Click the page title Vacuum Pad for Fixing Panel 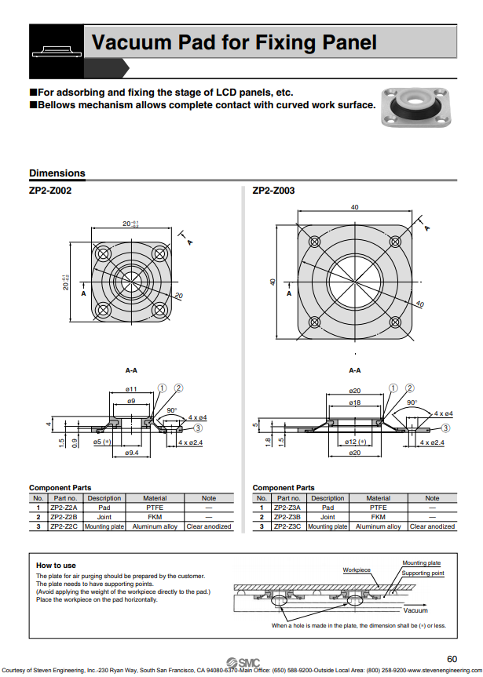coord(234,43)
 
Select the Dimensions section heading coord(57,173)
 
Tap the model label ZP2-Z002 coord(50,191)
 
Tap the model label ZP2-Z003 coord(273,191)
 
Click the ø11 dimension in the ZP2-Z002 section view coord(132,390)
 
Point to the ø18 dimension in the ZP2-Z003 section coord(355,402)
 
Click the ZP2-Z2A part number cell coord(64,508)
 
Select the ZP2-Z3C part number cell coord(287,526)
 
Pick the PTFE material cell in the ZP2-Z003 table coord(378,508)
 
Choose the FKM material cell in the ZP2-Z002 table coord(155,517)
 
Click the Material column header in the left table coord(155,498)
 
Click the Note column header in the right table coord(432,498)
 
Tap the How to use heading coord(56,566)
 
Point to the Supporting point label coord(423,573)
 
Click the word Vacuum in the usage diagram coord(415,610)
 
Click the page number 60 coord(452,658)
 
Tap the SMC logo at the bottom coord(241,661)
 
